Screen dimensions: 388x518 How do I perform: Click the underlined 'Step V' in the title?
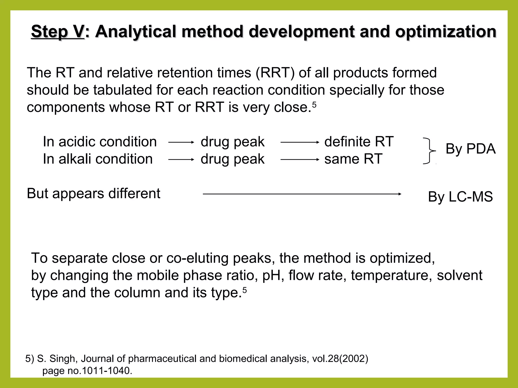coord(57,32)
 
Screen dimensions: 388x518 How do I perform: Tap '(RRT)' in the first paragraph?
coord(275,73)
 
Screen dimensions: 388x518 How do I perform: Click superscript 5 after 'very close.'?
coord(314,105)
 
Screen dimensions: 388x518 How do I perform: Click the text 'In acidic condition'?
coord(100,142)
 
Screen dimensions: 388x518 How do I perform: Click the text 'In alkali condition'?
coord(98,159)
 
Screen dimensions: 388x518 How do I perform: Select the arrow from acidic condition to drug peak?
coord(181,142)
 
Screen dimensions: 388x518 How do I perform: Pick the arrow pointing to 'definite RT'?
coord(300,142)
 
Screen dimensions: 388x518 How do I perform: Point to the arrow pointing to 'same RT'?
coord(300,160)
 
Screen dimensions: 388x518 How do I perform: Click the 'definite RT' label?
coord(359,142)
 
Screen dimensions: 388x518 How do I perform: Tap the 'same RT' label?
coord(353,159)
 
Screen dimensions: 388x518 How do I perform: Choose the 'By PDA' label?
coord(470,149)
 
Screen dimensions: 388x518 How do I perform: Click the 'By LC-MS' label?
coord(460,197)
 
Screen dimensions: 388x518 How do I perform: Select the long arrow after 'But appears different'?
coord(302,194)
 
